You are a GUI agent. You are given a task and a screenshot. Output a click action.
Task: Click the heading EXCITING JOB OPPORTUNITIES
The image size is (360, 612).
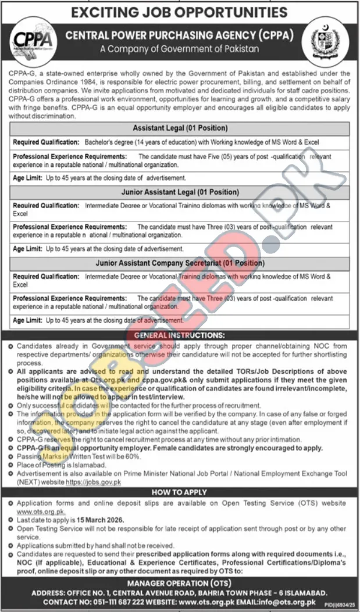click(180, 12)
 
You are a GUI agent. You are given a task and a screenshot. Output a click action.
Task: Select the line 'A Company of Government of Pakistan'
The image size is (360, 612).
click(179, 49)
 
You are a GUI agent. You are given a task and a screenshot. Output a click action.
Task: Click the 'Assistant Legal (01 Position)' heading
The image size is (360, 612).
click(180, 128)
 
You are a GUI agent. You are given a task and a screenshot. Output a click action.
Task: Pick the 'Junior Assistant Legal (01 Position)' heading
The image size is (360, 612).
click(180, 192)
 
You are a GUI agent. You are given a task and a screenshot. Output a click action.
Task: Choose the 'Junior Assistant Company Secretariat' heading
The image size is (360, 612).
click(180, 263)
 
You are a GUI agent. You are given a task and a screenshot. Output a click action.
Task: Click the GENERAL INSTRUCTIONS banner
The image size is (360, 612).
click(180, 335)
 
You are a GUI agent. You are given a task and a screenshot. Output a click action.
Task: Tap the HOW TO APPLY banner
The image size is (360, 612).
click(180, 492)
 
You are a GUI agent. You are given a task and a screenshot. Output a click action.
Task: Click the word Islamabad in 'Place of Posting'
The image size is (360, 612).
click(83, 466)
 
